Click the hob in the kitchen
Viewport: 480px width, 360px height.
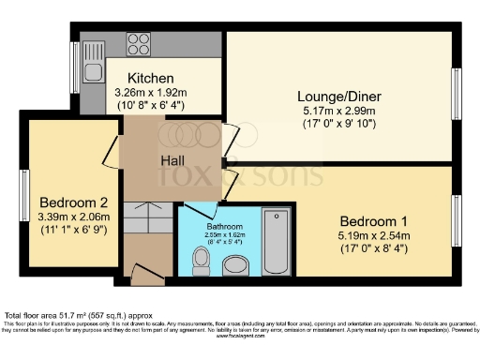(x=139, y=44)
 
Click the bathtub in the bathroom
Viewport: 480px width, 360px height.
(x=277, y=241)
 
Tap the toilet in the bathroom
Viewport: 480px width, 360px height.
(x=201, y=261)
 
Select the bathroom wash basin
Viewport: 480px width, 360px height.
(x=237, y=265)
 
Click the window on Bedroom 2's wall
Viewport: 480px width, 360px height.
(x=25, y=194)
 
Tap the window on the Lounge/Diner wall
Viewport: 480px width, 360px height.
(x=457, y=95)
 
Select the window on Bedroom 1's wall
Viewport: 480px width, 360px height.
(x=457, y=221)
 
